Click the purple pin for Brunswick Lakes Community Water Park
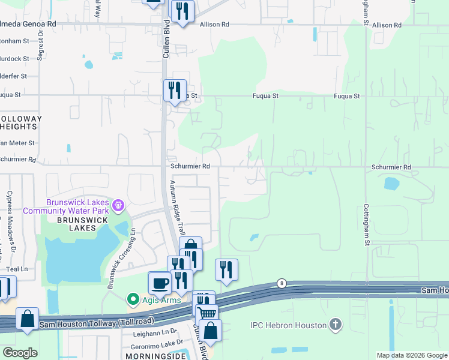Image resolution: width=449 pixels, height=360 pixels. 119,206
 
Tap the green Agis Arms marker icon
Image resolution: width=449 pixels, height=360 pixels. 132,298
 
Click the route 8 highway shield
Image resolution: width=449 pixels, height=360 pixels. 281,283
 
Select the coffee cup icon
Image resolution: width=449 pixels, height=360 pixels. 160,283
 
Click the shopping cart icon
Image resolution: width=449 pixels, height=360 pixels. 207,313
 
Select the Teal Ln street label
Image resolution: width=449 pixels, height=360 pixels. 16,270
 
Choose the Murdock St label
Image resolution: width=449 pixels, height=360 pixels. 16,59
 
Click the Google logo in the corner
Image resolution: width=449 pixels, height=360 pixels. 20,352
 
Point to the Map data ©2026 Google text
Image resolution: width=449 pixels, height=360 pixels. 411,355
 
